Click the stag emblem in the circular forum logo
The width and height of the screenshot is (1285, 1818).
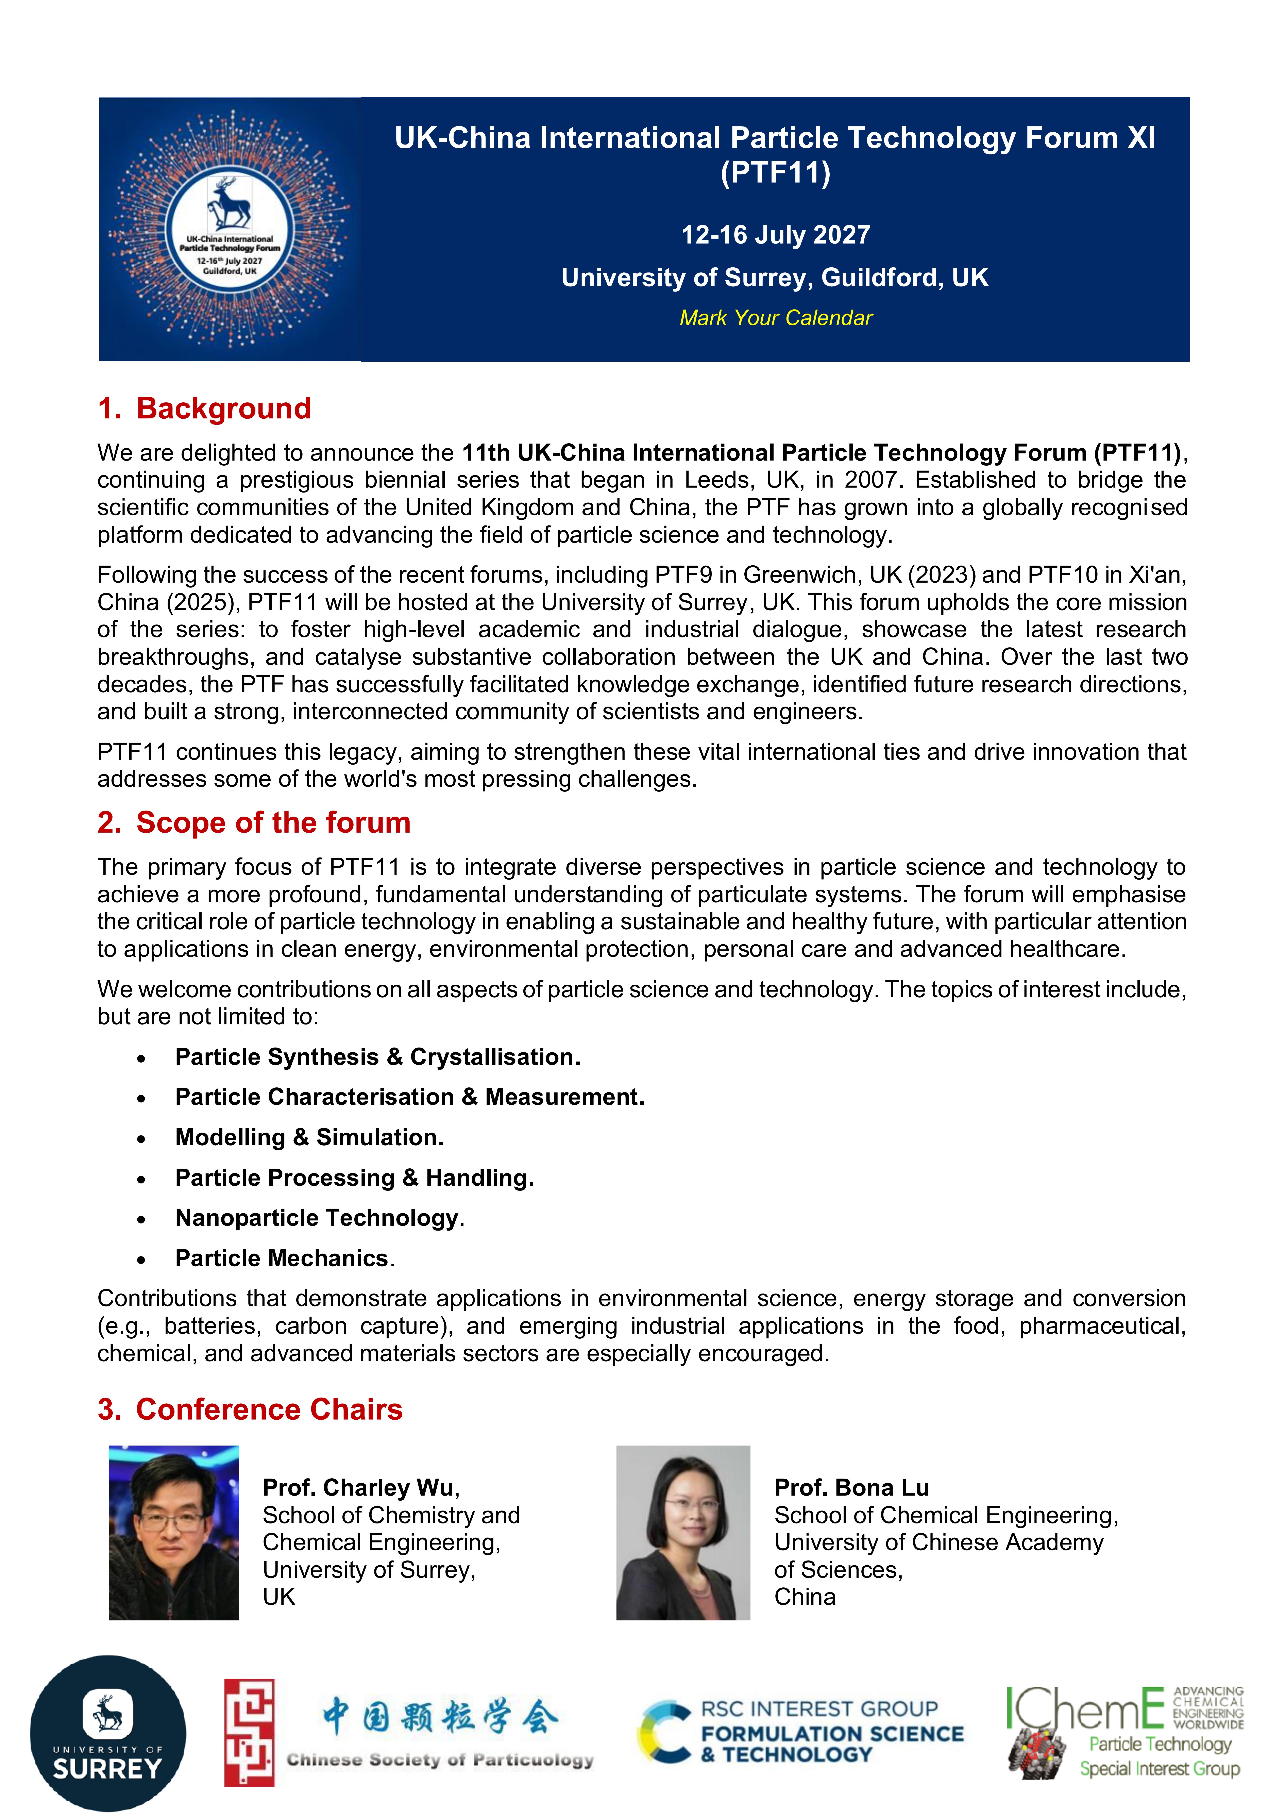[230, 203]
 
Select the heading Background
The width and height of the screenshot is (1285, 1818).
[223, 408]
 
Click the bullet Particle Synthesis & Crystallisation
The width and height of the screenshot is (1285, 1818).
[378, 1057]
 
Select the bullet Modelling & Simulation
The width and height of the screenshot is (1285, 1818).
[309, 1138]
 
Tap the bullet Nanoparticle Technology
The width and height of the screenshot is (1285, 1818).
[317, 1218]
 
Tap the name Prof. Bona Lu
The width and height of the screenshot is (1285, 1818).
[851, 1488]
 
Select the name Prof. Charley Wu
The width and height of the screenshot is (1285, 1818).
[359, 1488]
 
